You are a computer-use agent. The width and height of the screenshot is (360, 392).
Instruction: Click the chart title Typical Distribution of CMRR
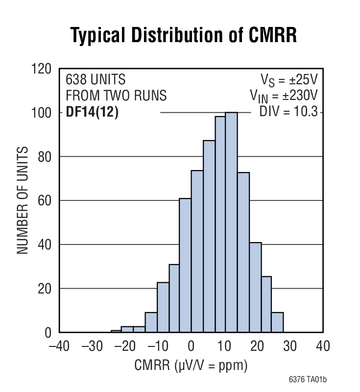point(184,36)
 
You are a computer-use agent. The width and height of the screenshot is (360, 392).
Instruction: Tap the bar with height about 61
point(185,265)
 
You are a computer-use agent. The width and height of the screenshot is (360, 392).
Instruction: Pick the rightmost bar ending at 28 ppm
point(277,322)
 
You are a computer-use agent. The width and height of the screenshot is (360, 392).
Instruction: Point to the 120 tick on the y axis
point(41,69)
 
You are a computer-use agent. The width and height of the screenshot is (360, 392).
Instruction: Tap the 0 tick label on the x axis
point(191,346)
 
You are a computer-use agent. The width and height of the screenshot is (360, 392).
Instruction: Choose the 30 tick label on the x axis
point(289,346)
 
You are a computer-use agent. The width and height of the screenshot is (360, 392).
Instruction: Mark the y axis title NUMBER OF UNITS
point(22,201)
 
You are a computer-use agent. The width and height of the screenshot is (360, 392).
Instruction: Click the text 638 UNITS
point(96,79)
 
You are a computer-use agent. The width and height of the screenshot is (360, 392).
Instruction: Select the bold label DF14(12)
point(92,113)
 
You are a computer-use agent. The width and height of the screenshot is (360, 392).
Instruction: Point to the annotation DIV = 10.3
point(288,113)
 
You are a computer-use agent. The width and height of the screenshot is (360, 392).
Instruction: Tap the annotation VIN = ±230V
point(284,95)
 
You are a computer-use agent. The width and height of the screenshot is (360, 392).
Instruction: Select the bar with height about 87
point(209,236)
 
